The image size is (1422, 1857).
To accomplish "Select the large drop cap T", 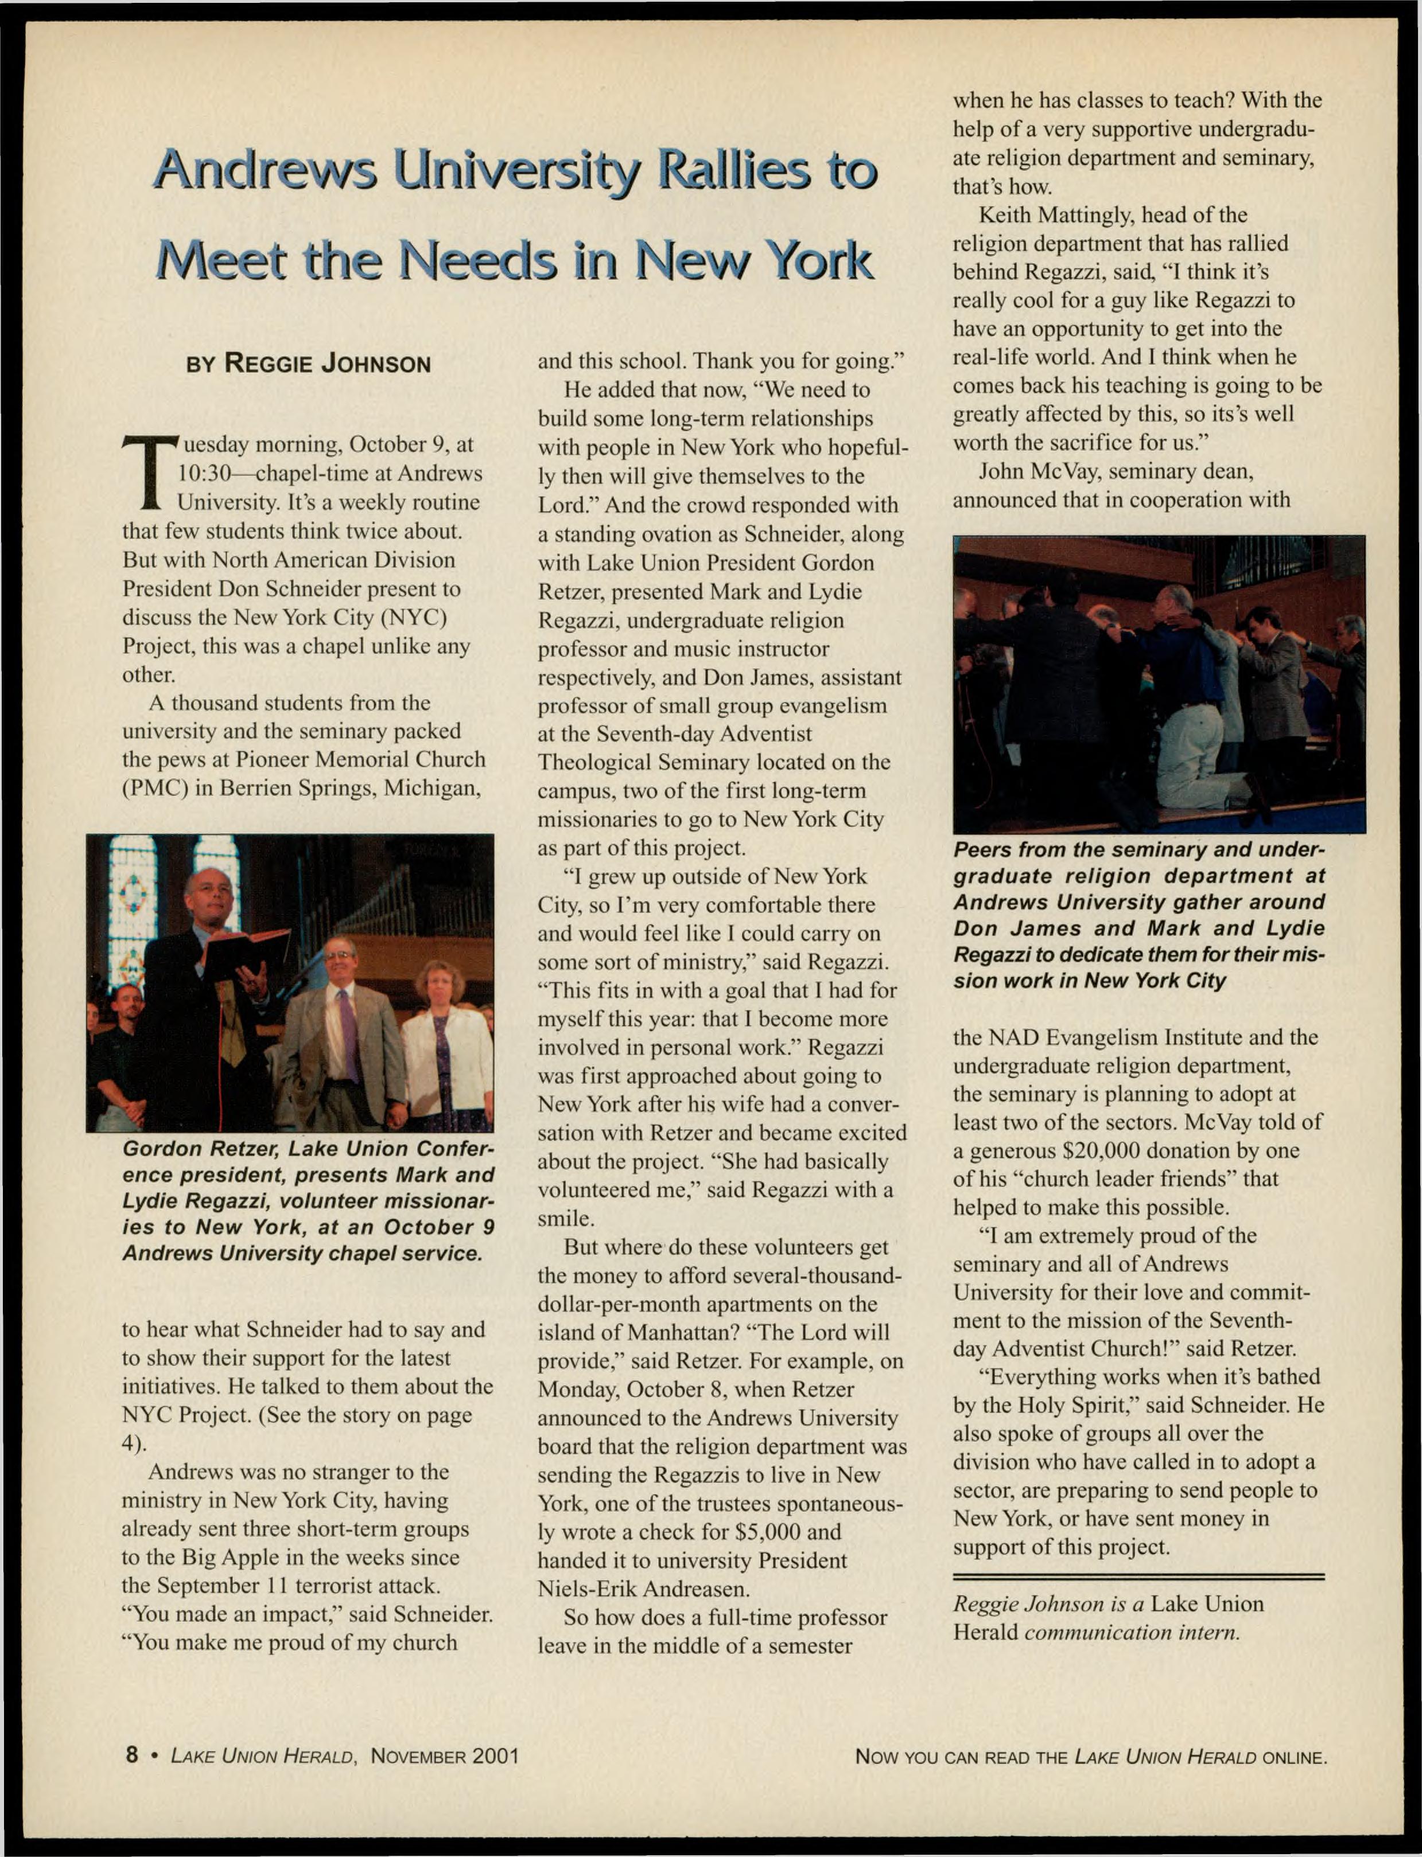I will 149,473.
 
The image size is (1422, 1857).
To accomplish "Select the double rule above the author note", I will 1139,1577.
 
